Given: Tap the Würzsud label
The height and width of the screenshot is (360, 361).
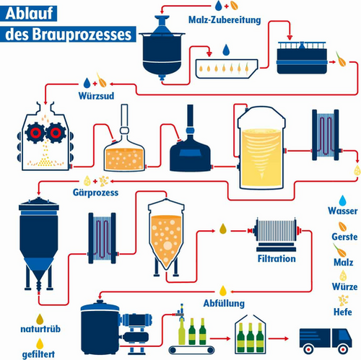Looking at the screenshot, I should click(x=95, y=95).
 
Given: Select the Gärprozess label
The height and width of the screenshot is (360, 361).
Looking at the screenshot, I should click(x=96, y=193).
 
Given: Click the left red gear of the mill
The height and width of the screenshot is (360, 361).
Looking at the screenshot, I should click(x=33, y=133).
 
